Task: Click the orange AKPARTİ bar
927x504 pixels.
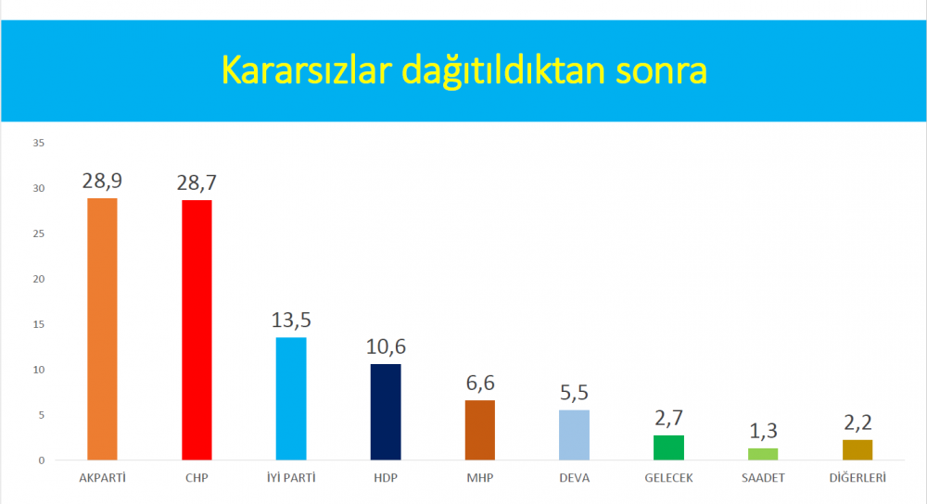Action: [102, 329]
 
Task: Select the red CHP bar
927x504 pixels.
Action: [197, 330]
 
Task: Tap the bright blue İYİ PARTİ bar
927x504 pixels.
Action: [291, 398]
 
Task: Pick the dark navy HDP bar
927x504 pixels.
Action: [386, 412]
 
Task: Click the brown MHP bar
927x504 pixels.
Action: [480, 430]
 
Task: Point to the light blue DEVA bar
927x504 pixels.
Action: [574, 435]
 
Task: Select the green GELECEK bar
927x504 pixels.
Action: [668, 447]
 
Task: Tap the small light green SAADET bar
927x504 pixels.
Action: [763, 454]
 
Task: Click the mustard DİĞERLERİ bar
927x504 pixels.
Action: [857, 449]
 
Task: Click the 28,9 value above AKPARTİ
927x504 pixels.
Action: [102, 181]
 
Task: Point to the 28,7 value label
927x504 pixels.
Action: [197, 183]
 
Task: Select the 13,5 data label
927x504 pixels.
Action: [291, 321]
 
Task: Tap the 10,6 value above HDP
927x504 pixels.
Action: [386, 346]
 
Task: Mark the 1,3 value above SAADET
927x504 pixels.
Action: [763, 432]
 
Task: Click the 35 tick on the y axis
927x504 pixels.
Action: [38, 143]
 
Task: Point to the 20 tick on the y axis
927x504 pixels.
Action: [38, 279]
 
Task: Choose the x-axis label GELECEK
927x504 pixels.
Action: [668, 478]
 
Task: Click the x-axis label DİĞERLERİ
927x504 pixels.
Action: [857, 477]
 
